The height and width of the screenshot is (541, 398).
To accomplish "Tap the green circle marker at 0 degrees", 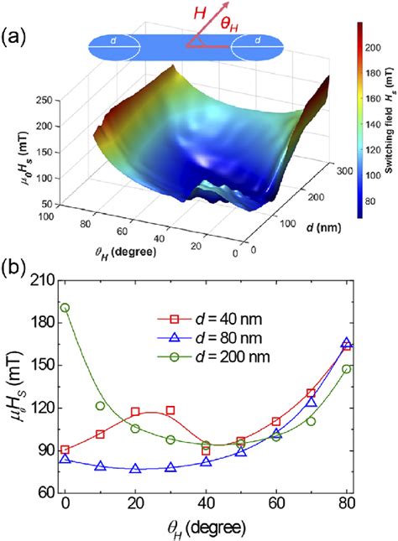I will point(65,308).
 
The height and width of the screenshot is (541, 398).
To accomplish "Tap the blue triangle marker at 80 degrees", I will point(346,343).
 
